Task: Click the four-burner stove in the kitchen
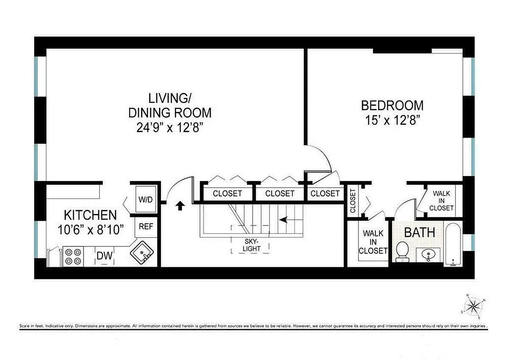pyautogui.click(x=72, y=256)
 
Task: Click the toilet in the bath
pyautogui.click(x=402, y=251)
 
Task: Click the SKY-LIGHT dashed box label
pyautogui.click(x=250, y=245)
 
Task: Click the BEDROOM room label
pyautogui.click(x=392, y=106)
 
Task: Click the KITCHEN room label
pyautogui.click(x=90, y=215)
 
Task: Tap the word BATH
pyautogui.click(x=420, y=233)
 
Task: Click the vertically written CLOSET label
pyautogui.click(x=353, y=201)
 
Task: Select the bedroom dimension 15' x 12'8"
pyautogui.click(x=392, y=120)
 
